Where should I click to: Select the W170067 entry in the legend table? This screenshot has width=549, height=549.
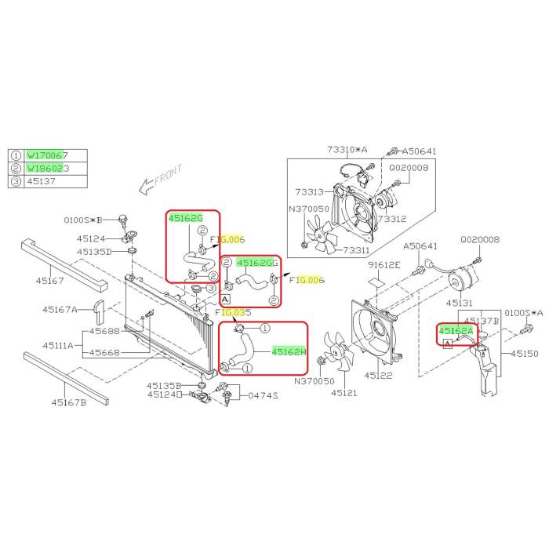click(x=47, y=155)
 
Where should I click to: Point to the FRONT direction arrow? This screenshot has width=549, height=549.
click(x=158, y=180)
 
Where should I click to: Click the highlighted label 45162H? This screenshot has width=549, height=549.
click(x=289, y=352)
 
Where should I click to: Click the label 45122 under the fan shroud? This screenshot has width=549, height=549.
click(x=378, y=376)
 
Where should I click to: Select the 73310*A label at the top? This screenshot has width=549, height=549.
click(x=347, y=150)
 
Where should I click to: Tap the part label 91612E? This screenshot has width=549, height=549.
click(x=386, y=266)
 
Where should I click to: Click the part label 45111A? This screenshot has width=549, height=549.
click(x=58, y=345)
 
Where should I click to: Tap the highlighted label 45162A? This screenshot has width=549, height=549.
click(x=456, y=332)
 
